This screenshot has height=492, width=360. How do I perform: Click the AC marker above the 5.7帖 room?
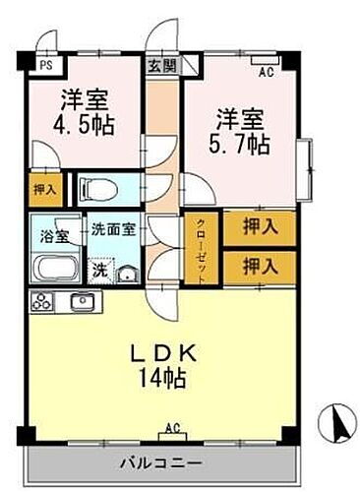pos(265,71)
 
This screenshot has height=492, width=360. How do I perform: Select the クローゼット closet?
pos(200,248)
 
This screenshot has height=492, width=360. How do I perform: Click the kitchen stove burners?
pos(45,301)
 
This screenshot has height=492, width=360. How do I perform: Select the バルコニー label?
pos(162,461)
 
